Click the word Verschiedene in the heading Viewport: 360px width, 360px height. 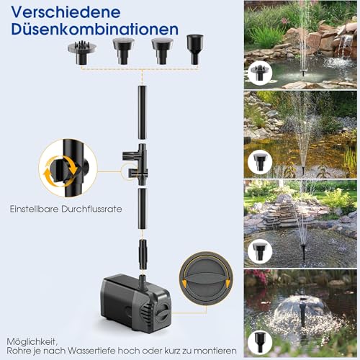pos(66,12)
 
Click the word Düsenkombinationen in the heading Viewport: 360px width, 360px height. pos(95,30)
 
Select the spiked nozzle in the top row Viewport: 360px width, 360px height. pos(82,53)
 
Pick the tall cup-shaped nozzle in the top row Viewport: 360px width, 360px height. pos(195,50)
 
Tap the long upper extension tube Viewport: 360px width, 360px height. pos(143,112)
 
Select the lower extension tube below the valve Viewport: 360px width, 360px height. pos(143,209)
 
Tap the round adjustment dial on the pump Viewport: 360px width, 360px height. pos(163,310)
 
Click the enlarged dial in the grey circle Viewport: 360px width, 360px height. pos(206,279)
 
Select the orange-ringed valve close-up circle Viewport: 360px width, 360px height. pos(68,168)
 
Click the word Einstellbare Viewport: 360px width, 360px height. pos(35,209)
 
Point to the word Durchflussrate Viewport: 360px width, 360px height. pos(91,209)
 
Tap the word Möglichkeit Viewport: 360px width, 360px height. pos(32,342)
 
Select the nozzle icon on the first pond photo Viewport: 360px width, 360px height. pos(260,73)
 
